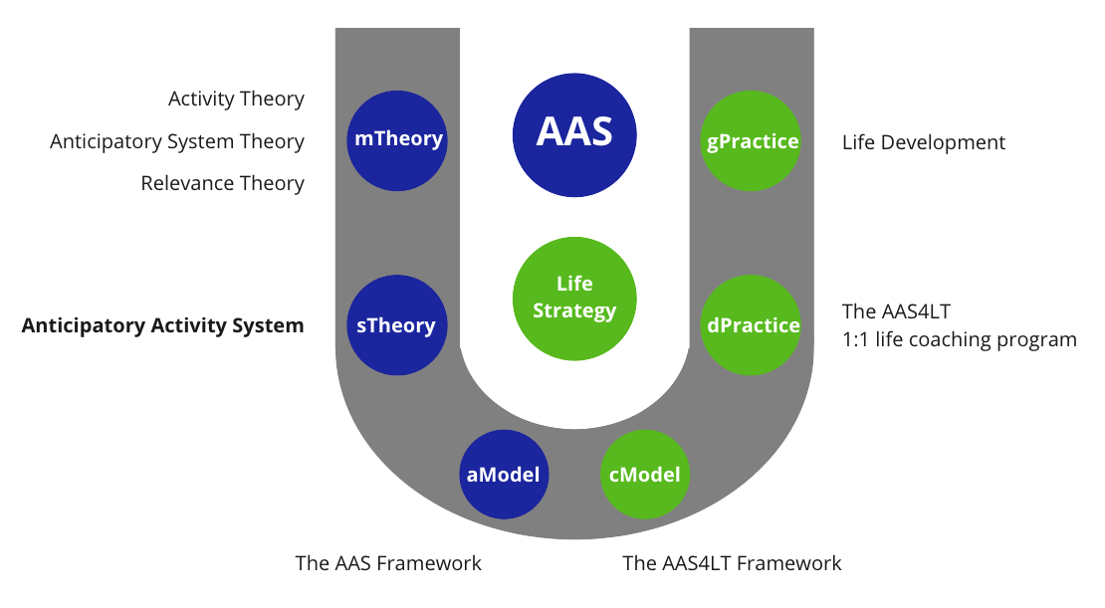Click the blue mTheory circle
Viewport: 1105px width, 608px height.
point(397,139)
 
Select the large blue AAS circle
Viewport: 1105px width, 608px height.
point(574,132)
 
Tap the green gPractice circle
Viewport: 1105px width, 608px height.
point(752,140)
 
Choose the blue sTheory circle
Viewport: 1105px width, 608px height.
point(397,325)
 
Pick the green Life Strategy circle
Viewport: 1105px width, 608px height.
point(574,298)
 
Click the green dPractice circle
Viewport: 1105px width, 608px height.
point(752,325)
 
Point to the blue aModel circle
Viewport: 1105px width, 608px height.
point(503,475)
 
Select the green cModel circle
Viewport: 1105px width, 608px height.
point(645,475)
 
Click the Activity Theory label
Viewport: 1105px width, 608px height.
point(236,99)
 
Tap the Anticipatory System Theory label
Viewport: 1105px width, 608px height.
point(177,141)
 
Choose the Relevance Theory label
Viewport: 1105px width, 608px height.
point(222,183)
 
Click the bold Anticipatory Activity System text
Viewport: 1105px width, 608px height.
point(162,325)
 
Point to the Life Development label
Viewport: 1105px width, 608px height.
point(923,142)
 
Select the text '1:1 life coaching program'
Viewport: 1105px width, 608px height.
point(959,339)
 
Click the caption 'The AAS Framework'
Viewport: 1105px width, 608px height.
point(388,563)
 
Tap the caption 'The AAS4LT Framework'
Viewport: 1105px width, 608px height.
point(732,563)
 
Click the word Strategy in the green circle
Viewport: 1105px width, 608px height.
point(574,310)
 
